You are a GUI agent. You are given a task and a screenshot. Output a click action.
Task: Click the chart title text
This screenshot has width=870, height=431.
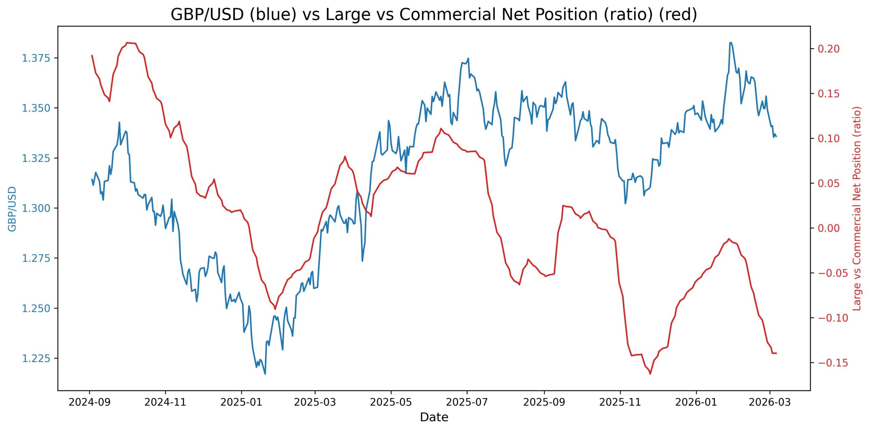[434, 14]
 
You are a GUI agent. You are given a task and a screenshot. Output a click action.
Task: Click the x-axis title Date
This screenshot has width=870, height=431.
[434, 417]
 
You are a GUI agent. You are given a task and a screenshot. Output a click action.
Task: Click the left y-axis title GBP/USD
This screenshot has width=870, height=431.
[12, 209]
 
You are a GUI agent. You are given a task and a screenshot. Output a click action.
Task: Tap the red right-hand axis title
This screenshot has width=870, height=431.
[857, 209]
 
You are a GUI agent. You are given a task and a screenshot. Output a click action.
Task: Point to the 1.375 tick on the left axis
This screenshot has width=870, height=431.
[36, 58]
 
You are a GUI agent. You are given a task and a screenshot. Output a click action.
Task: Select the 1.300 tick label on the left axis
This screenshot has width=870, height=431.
[36, 208]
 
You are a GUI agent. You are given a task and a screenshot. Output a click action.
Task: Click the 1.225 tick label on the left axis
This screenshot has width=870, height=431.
[36, 358]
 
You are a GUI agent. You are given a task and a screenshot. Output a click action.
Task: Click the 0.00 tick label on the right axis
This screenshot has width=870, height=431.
[829, 228]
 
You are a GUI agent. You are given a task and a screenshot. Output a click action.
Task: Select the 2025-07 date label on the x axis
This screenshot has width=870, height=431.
[467, 402]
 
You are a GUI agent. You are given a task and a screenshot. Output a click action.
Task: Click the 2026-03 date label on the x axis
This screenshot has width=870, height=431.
[770, 402]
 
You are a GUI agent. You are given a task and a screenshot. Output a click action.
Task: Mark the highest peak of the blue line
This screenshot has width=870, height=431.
[730, 43]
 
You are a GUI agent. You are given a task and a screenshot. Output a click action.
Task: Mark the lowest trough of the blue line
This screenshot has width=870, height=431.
[265, 374]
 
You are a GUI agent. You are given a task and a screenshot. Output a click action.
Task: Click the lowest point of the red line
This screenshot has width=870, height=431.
[650, 374]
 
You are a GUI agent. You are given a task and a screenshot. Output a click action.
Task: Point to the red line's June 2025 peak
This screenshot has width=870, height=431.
[441, 129]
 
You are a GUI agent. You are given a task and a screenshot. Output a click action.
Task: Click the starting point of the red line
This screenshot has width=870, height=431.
[92, 55]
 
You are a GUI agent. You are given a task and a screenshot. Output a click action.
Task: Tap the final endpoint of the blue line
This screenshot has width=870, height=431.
[776, 136]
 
